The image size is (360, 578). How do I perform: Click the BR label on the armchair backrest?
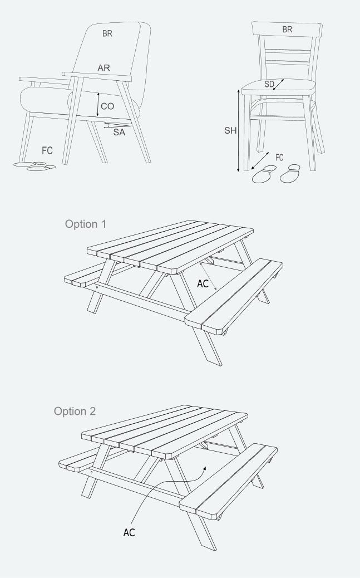[x=107, y=33]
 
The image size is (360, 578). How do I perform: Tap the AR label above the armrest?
[x=104, y=68]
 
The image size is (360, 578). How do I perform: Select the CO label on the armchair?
[x=107, y=106]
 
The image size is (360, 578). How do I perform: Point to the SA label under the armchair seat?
[x=119, y=132]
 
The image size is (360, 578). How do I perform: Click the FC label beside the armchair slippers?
[x=47, y=150]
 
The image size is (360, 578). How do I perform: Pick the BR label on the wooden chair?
[x=287, y=30]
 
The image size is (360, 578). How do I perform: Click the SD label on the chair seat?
[x=269, y=85]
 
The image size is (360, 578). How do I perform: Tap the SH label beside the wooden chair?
[x=231, y=130]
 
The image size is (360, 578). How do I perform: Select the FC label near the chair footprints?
[x=279, y=158]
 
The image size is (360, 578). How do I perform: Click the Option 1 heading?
[x=86, y=224]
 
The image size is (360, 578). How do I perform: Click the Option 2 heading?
[x=75, y=411]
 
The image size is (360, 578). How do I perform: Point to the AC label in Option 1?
[x=203, y=283]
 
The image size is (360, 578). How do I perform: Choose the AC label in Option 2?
[x=129, y=533]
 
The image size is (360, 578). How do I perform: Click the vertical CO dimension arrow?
[x=98, y=105]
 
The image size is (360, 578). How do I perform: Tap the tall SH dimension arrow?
[x=238, y=130]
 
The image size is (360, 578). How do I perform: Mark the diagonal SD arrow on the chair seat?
[x=279, y=85]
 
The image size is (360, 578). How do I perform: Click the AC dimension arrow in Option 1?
[x=208, y=276]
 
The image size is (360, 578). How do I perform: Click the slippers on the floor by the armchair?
[x=34, y=166]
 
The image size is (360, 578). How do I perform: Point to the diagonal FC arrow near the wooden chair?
[x=260, y=160]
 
